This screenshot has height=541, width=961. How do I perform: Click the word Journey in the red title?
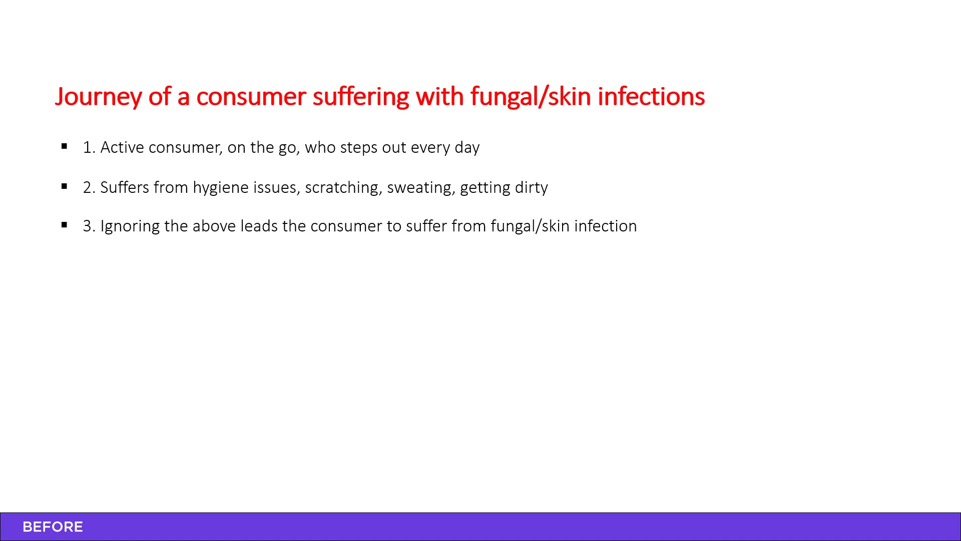98,97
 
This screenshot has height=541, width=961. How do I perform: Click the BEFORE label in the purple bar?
53,527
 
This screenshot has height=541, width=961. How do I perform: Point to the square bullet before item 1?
64,146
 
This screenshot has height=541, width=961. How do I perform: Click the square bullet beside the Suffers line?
64,186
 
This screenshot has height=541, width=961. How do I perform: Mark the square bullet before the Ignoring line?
64,225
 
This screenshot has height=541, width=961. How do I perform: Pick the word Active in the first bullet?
122,147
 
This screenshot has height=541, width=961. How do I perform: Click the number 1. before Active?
89,147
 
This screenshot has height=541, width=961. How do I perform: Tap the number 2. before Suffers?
89,187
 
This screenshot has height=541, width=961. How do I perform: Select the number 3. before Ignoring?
89,226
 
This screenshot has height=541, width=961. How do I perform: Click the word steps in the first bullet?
359,148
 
